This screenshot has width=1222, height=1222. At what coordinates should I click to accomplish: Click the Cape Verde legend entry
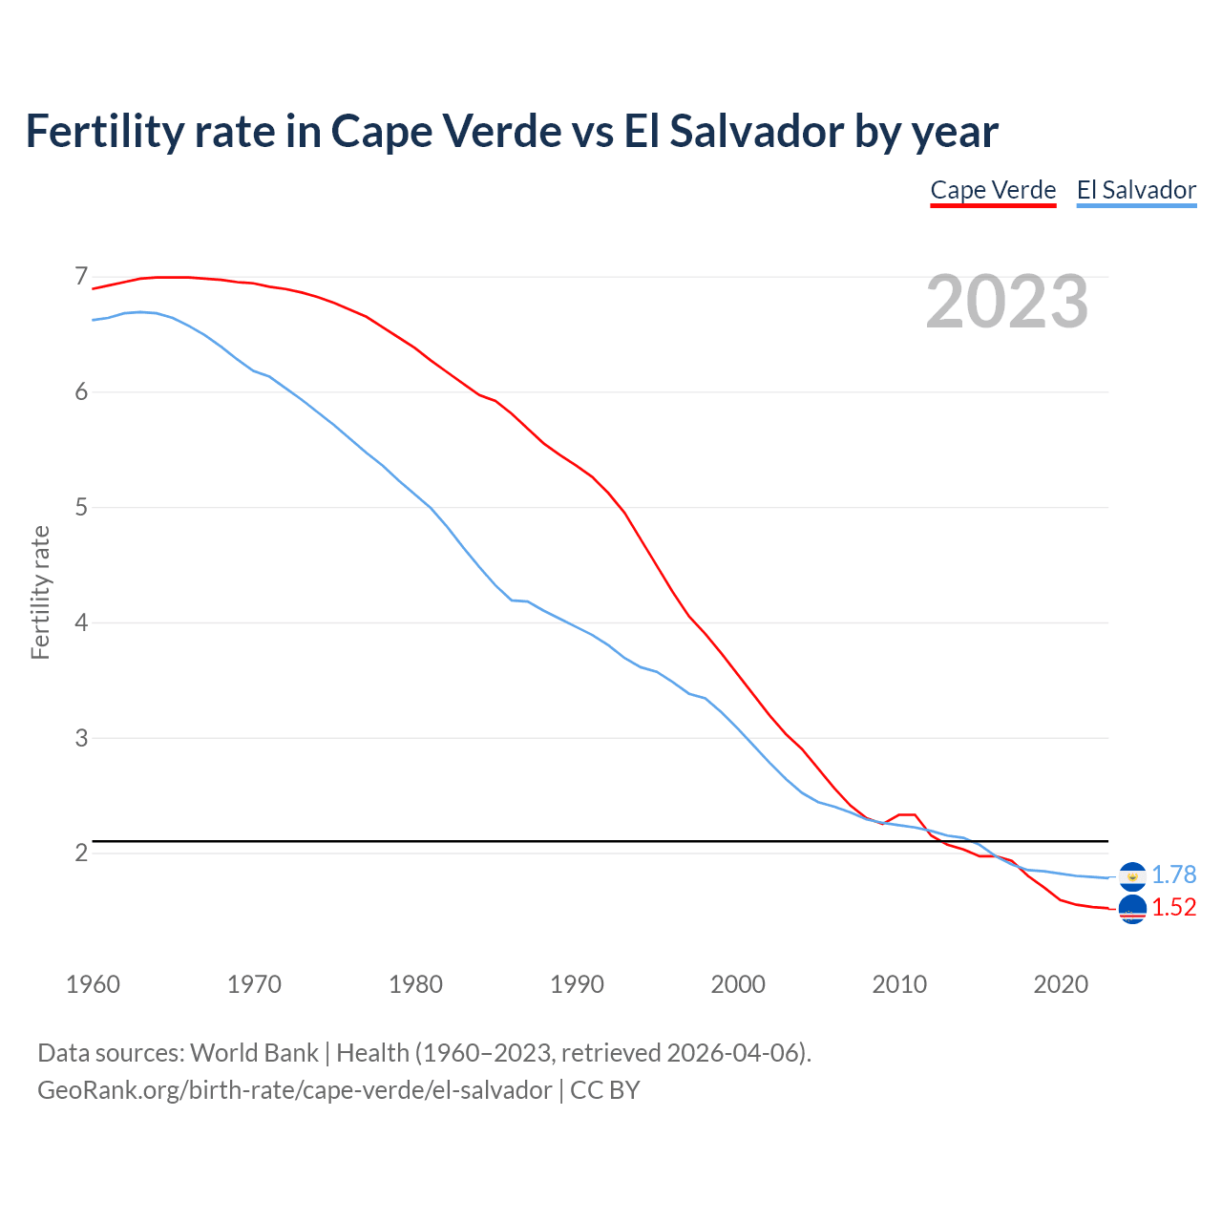[x=993, y=190]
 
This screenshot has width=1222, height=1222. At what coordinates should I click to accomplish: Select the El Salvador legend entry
[x=1136, y=190]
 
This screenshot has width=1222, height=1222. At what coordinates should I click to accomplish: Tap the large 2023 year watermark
[x=1007, y=302]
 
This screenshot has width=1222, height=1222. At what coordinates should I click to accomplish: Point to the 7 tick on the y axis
[x=81, y=277]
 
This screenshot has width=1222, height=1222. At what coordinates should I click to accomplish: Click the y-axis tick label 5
[x=81, y=507]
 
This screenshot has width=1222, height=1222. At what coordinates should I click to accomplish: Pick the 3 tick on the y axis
[x=81, y=738]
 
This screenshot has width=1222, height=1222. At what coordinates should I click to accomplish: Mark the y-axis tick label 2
[x=81, y=853]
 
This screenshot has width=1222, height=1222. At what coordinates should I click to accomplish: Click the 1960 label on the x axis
[x=93, y=984]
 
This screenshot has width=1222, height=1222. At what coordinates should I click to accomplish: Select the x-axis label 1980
[x=415, y=984]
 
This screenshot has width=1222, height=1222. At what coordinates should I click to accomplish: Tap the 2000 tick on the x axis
[x=738, y=984]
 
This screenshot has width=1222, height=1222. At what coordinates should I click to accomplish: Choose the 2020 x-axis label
[x=1061, y=984]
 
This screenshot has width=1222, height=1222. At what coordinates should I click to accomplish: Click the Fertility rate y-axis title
[x=40, y=592]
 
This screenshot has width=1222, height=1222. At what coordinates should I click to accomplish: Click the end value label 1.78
[x=1173, y=874]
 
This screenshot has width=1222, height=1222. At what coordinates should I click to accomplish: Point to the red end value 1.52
[x=1173, y=907]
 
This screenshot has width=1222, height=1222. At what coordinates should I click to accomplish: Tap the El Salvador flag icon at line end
[x=1132, y=876]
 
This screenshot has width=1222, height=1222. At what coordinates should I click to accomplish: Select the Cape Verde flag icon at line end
[x=1132, y=910]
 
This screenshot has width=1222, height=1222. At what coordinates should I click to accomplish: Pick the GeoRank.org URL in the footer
[x=294, y=1090]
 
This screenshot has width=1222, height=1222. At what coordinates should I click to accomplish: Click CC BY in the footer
[x=605, y=1090]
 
